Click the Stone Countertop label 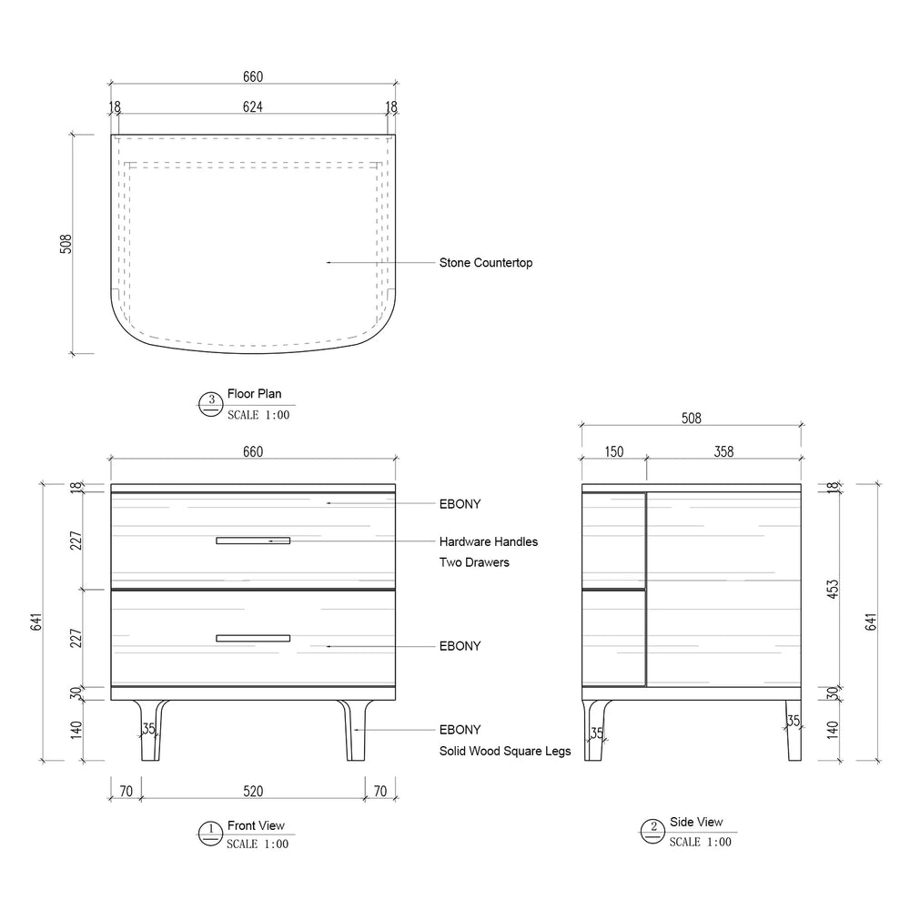(486, 263)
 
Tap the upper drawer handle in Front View (253, 541)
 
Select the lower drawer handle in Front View (253, 639)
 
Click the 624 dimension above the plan (252, 106)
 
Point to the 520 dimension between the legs (253, 791)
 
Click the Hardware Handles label (488, 541)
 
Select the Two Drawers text (474, 562)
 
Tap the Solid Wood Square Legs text (505, 751)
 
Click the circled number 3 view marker (211, 405)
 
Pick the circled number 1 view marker (211, 834)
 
